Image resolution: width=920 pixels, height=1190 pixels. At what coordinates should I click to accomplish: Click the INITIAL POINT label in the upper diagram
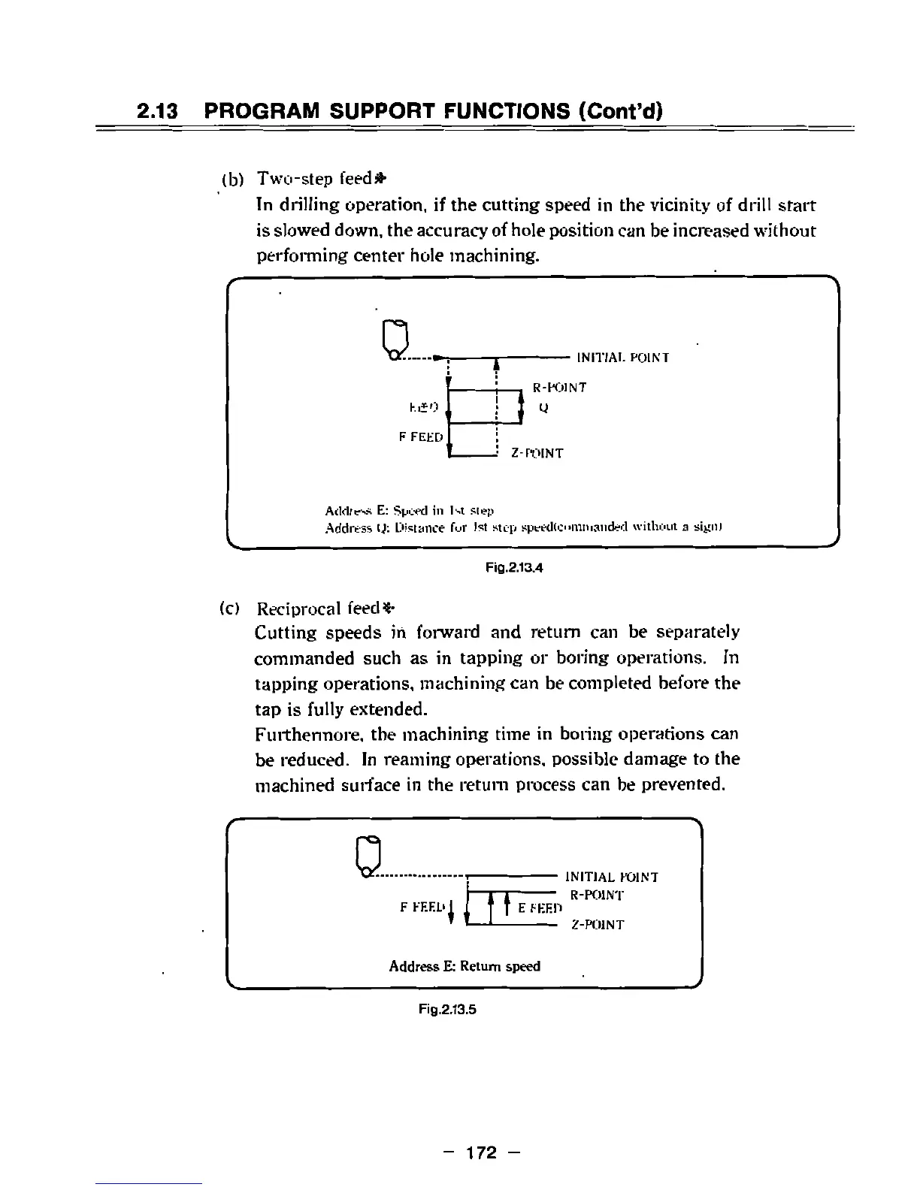pyautogui.click(x=622, y=358)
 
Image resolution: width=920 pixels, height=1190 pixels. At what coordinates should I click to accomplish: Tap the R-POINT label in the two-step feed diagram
pyautogui.click(x=559, y=388)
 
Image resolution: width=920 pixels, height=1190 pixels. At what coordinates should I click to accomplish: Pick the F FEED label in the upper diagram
pyautogui.click(x=419, y=436)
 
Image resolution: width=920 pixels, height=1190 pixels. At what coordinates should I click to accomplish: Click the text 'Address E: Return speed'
pyautogui.click(x=465, y=966)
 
